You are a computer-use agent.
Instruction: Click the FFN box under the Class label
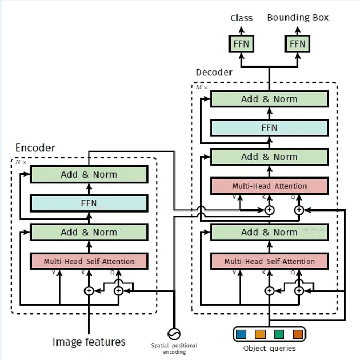(x=241, y=44)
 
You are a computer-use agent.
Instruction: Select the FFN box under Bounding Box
(x=298, y=44)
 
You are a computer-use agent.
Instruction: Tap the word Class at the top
(x=241, y=18)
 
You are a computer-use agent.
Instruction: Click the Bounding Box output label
(x=298, y=18)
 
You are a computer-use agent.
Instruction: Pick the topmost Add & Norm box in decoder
(x=269, y=99)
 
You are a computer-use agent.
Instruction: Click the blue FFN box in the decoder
(x=269, y=128)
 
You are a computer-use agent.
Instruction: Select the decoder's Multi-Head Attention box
(x=269, y=186)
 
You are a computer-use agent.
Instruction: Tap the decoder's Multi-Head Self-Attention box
(x=269, y=261)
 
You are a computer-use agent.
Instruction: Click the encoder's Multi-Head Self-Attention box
(x=89, y=261)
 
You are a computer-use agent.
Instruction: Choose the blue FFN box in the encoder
(x=89, y=203)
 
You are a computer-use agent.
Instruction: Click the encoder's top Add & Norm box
(x=89, y=174)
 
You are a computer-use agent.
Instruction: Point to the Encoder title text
(x=35, y=148)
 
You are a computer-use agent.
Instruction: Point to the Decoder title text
(x=214, y=73)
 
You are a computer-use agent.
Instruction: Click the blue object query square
(x=241, y=333)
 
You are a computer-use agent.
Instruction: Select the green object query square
(x=279, y=333)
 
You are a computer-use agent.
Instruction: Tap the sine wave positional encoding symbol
(x=173, y=333)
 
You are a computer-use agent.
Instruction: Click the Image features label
(x=89, y=342)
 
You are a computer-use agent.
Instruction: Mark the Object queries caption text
(x=269, y=348)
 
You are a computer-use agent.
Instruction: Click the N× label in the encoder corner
(x=21, y=162)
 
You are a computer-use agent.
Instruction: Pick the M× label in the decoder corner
(x=202, y=87)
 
